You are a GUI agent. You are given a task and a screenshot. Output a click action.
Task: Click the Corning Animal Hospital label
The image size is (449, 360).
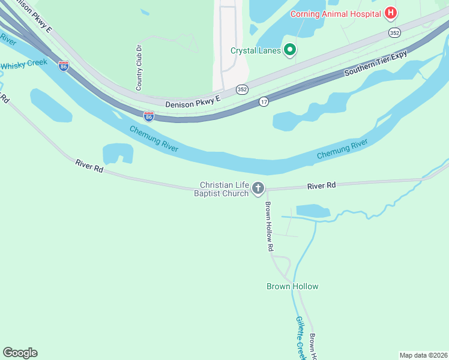[336, 13]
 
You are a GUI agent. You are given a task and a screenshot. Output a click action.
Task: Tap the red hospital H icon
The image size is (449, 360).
[391, 13]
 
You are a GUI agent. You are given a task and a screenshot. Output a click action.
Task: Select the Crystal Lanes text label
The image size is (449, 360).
[256, 50]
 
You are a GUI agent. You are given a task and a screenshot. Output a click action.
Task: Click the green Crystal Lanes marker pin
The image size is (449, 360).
[290, 50]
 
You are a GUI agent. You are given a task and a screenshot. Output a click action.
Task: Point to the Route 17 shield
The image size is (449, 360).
[264, 102]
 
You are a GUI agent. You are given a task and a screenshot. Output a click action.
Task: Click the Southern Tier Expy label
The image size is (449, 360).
[376, 63]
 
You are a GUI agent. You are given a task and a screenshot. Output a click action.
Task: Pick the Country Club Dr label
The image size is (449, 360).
[139, 67]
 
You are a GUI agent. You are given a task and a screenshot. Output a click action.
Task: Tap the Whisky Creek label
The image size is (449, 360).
[24, 64]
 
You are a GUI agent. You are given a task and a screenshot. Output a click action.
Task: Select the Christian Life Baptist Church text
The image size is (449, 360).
[224, 189]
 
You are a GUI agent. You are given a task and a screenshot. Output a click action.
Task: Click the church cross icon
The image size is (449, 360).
[258, 189]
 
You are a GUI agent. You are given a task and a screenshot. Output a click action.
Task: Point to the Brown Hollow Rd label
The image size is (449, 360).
[270, 226]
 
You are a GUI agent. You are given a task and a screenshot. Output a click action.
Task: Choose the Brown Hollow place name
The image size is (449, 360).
[292, 286]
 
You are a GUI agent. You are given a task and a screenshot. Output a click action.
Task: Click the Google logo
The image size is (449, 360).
[20, 353]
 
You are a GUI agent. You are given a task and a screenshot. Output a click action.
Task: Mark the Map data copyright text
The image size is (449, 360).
[423, 355]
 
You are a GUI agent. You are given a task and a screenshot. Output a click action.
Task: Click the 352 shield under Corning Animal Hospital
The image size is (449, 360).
[394, 32]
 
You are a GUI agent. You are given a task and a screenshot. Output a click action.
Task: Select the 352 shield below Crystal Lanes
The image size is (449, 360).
[241, 89]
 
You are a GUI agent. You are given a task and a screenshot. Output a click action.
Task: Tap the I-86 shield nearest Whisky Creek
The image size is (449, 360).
[64, 65]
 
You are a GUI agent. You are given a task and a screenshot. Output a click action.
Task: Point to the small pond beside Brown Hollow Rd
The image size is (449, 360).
[313, 211]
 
